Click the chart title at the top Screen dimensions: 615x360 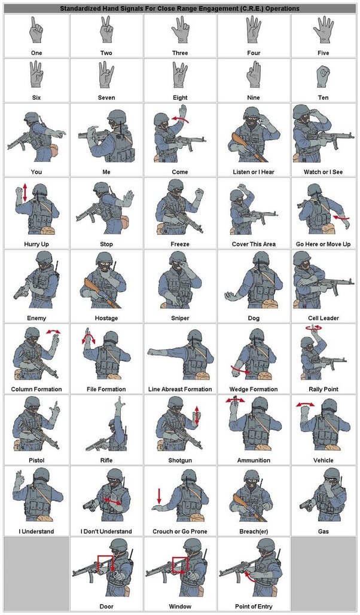coord(180,9)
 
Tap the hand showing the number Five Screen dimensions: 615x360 coord(324,30)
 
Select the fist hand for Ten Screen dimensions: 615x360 coord(324,76)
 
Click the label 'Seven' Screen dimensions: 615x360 coord(106,97)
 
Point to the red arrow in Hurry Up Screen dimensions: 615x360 coord(25,192)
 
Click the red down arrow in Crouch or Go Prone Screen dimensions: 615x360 coord(159,495)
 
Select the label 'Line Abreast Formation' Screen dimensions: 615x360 coord(180,389)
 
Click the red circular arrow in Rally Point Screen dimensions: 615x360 coord(313,328)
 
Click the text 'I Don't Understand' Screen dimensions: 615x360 coord(106,531)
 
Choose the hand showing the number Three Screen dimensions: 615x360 coord(180,30)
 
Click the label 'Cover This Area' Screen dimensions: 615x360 coord(253,244)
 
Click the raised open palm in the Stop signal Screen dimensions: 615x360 coord(128,200)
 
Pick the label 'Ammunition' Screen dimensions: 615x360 coord(253,460)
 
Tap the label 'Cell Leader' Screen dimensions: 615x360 coord(324,318)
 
